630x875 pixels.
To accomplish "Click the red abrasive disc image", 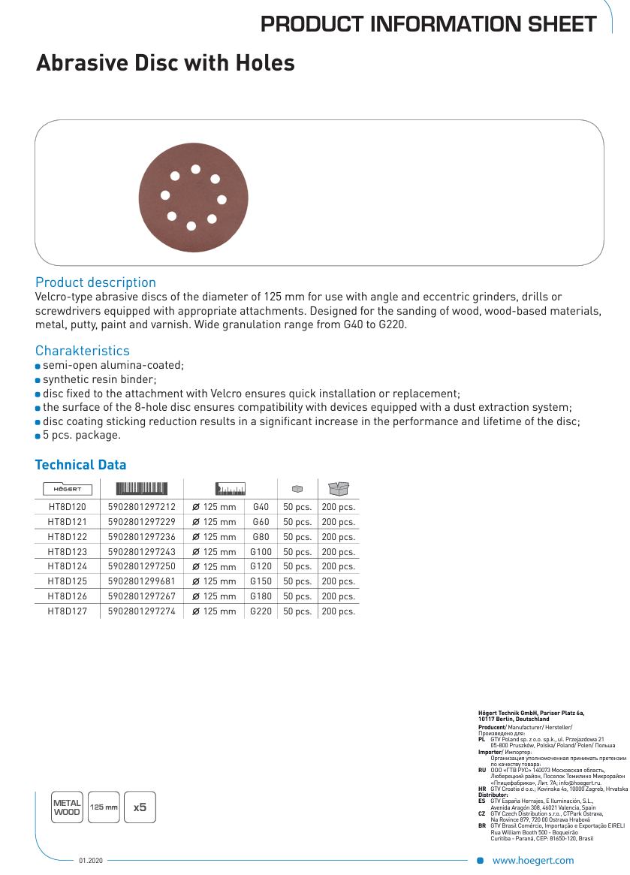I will [x=191, y=195].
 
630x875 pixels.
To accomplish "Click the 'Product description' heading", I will [x=95, y=282].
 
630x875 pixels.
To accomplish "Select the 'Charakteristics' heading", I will [x=82, y=351].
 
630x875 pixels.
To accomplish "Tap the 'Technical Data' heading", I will [x=80, y=465].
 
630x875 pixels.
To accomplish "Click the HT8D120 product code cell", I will [x=68, y=507].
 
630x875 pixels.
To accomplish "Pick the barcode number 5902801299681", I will [x=142, y=581].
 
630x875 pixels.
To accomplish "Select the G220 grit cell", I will [x=261, y=611].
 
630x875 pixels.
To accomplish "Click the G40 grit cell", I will [x=261, y=507].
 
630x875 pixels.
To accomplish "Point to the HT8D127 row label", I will [x=68, y=611].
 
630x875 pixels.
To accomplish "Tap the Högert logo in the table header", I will [x=68, y=489].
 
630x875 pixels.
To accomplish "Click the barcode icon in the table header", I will [x=142, y=488].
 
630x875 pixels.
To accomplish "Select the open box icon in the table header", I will [x=339, y=488].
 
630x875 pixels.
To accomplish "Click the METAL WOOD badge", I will [x=67, y=807].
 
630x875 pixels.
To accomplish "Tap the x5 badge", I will [x=140, y=807].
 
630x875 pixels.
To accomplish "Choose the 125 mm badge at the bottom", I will [x=104, y=807].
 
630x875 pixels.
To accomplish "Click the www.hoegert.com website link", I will [x=532, y=861].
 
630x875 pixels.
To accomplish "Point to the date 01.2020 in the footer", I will [x=90, y=861].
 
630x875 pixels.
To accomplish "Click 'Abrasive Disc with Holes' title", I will [x=165, y=63].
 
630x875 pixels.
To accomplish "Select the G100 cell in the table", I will [x=261, y=552].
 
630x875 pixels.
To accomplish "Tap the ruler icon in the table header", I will [x=231, y=489].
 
